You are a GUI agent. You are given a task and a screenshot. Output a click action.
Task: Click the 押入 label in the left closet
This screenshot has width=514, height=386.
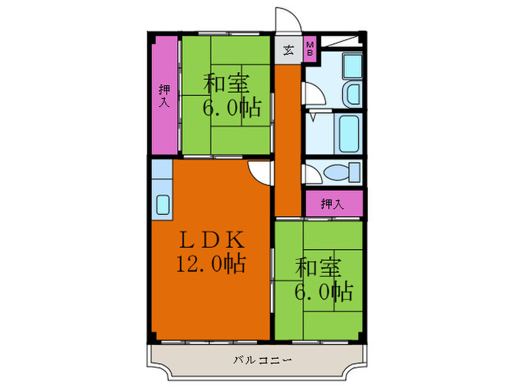(164, 96)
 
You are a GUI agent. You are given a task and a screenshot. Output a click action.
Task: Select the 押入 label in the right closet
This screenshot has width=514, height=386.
(333, 204)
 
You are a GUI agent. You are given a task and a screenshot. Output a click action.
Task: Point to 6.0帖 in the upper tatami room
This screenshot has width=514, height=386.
(232, 108)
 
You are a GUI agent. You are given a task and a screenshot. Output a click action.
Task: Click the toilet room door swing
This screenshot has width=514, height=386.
(311, 174)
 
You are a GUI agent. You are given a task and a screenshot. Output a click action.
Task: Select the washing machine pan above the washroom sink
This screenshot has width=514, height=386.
(352, 67)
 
